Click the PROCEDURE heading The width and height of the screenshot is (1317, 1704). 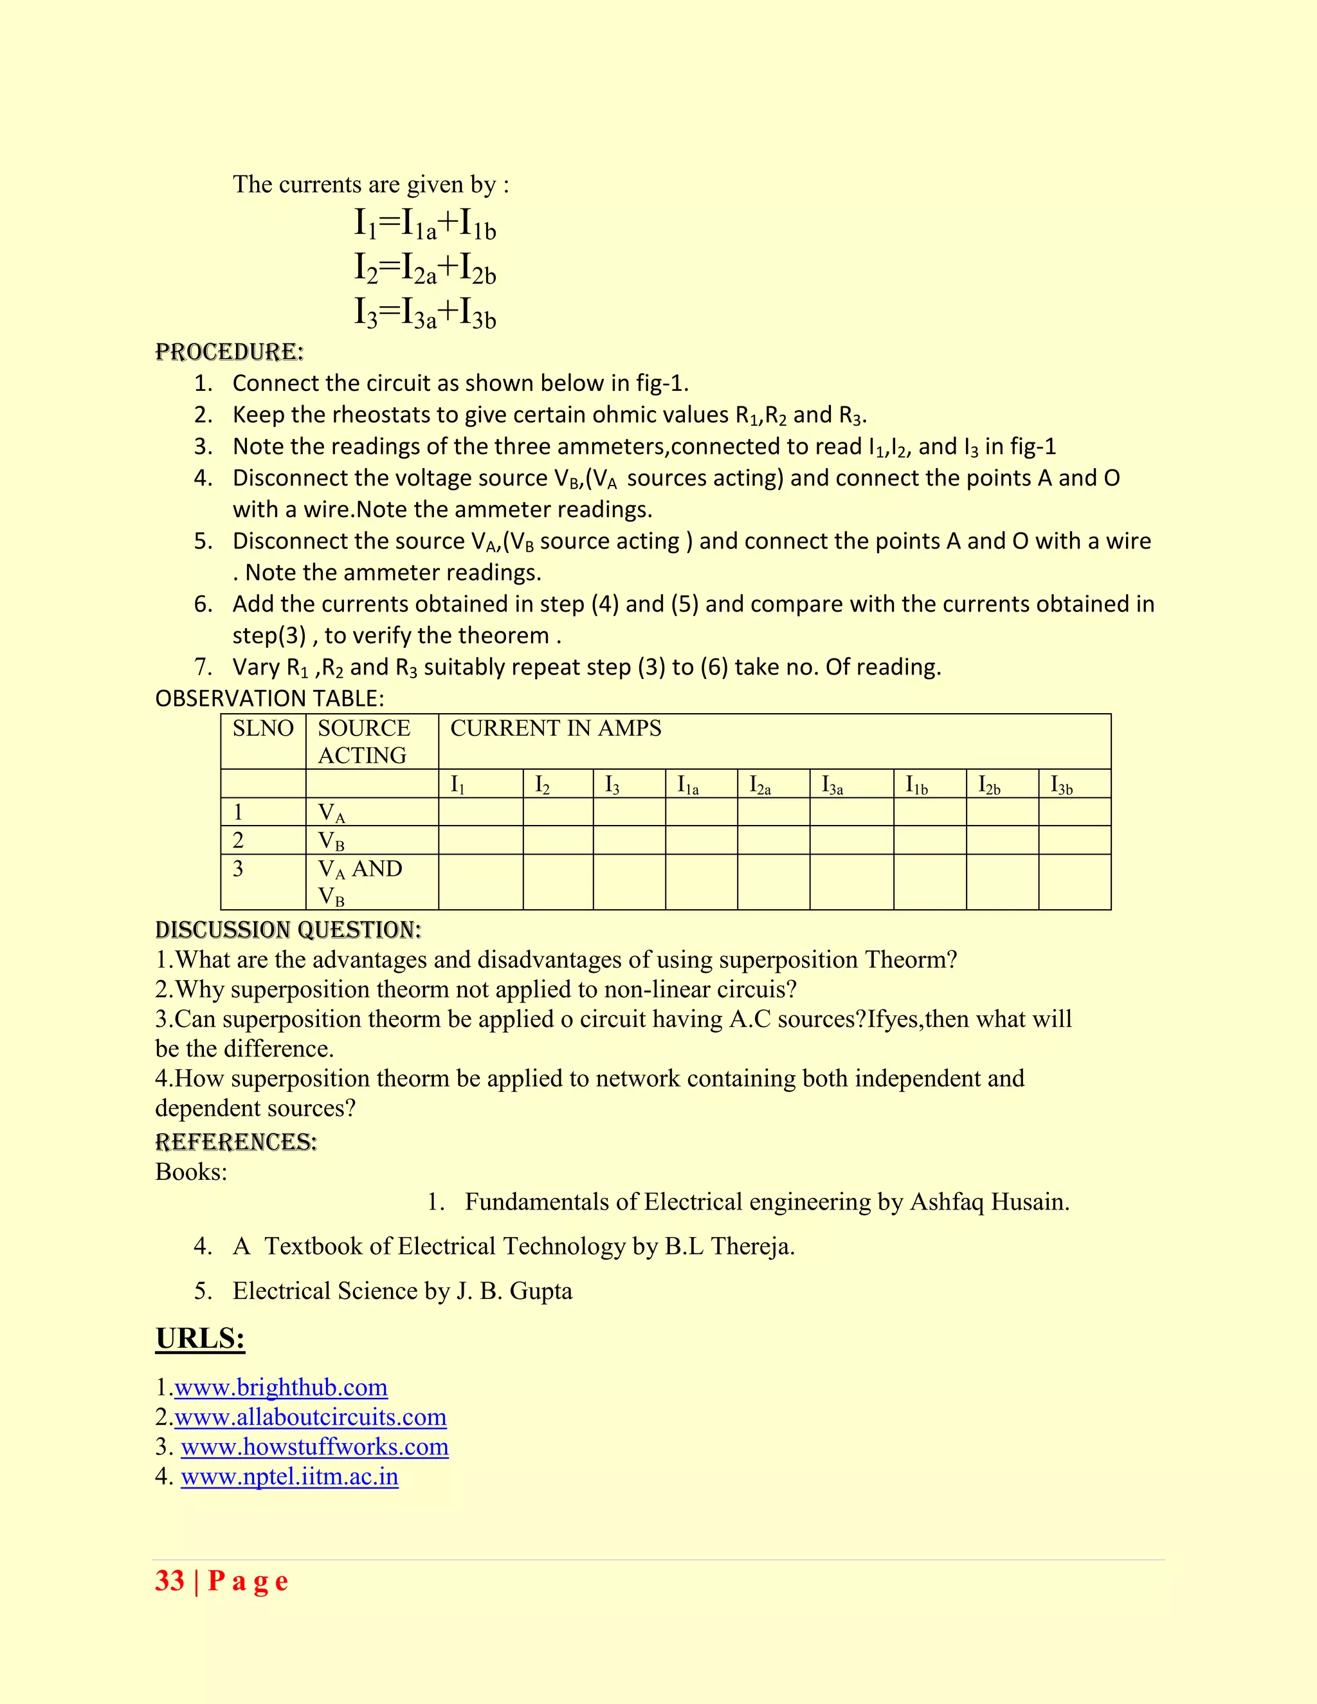230,352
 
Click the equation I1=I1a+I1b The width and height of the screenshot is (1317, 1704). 425,224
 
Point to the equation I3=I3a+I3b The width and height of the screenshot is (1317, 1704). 425,314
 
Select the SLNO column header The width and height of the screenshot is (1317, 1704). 263,729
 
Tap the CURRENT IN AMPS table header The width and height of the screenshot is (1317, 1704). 556,729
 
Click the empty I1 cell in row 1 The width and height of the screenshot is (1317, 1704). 480,812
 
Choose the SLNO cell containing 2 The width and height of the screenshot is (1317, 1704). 239,840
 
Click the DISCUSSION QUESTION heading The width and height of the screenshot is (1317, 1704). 288,930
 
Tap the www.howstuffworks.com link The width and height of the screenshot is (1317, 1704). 314,1447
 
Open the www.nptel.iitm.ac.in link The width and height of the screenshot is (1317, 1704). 289,1476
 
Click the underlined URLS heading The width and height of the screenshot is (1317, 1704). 201,1339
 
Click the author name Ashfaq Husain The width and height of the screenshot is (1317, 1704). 988,1202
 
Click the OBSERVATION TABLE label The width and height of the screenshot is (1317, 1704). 269,698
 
